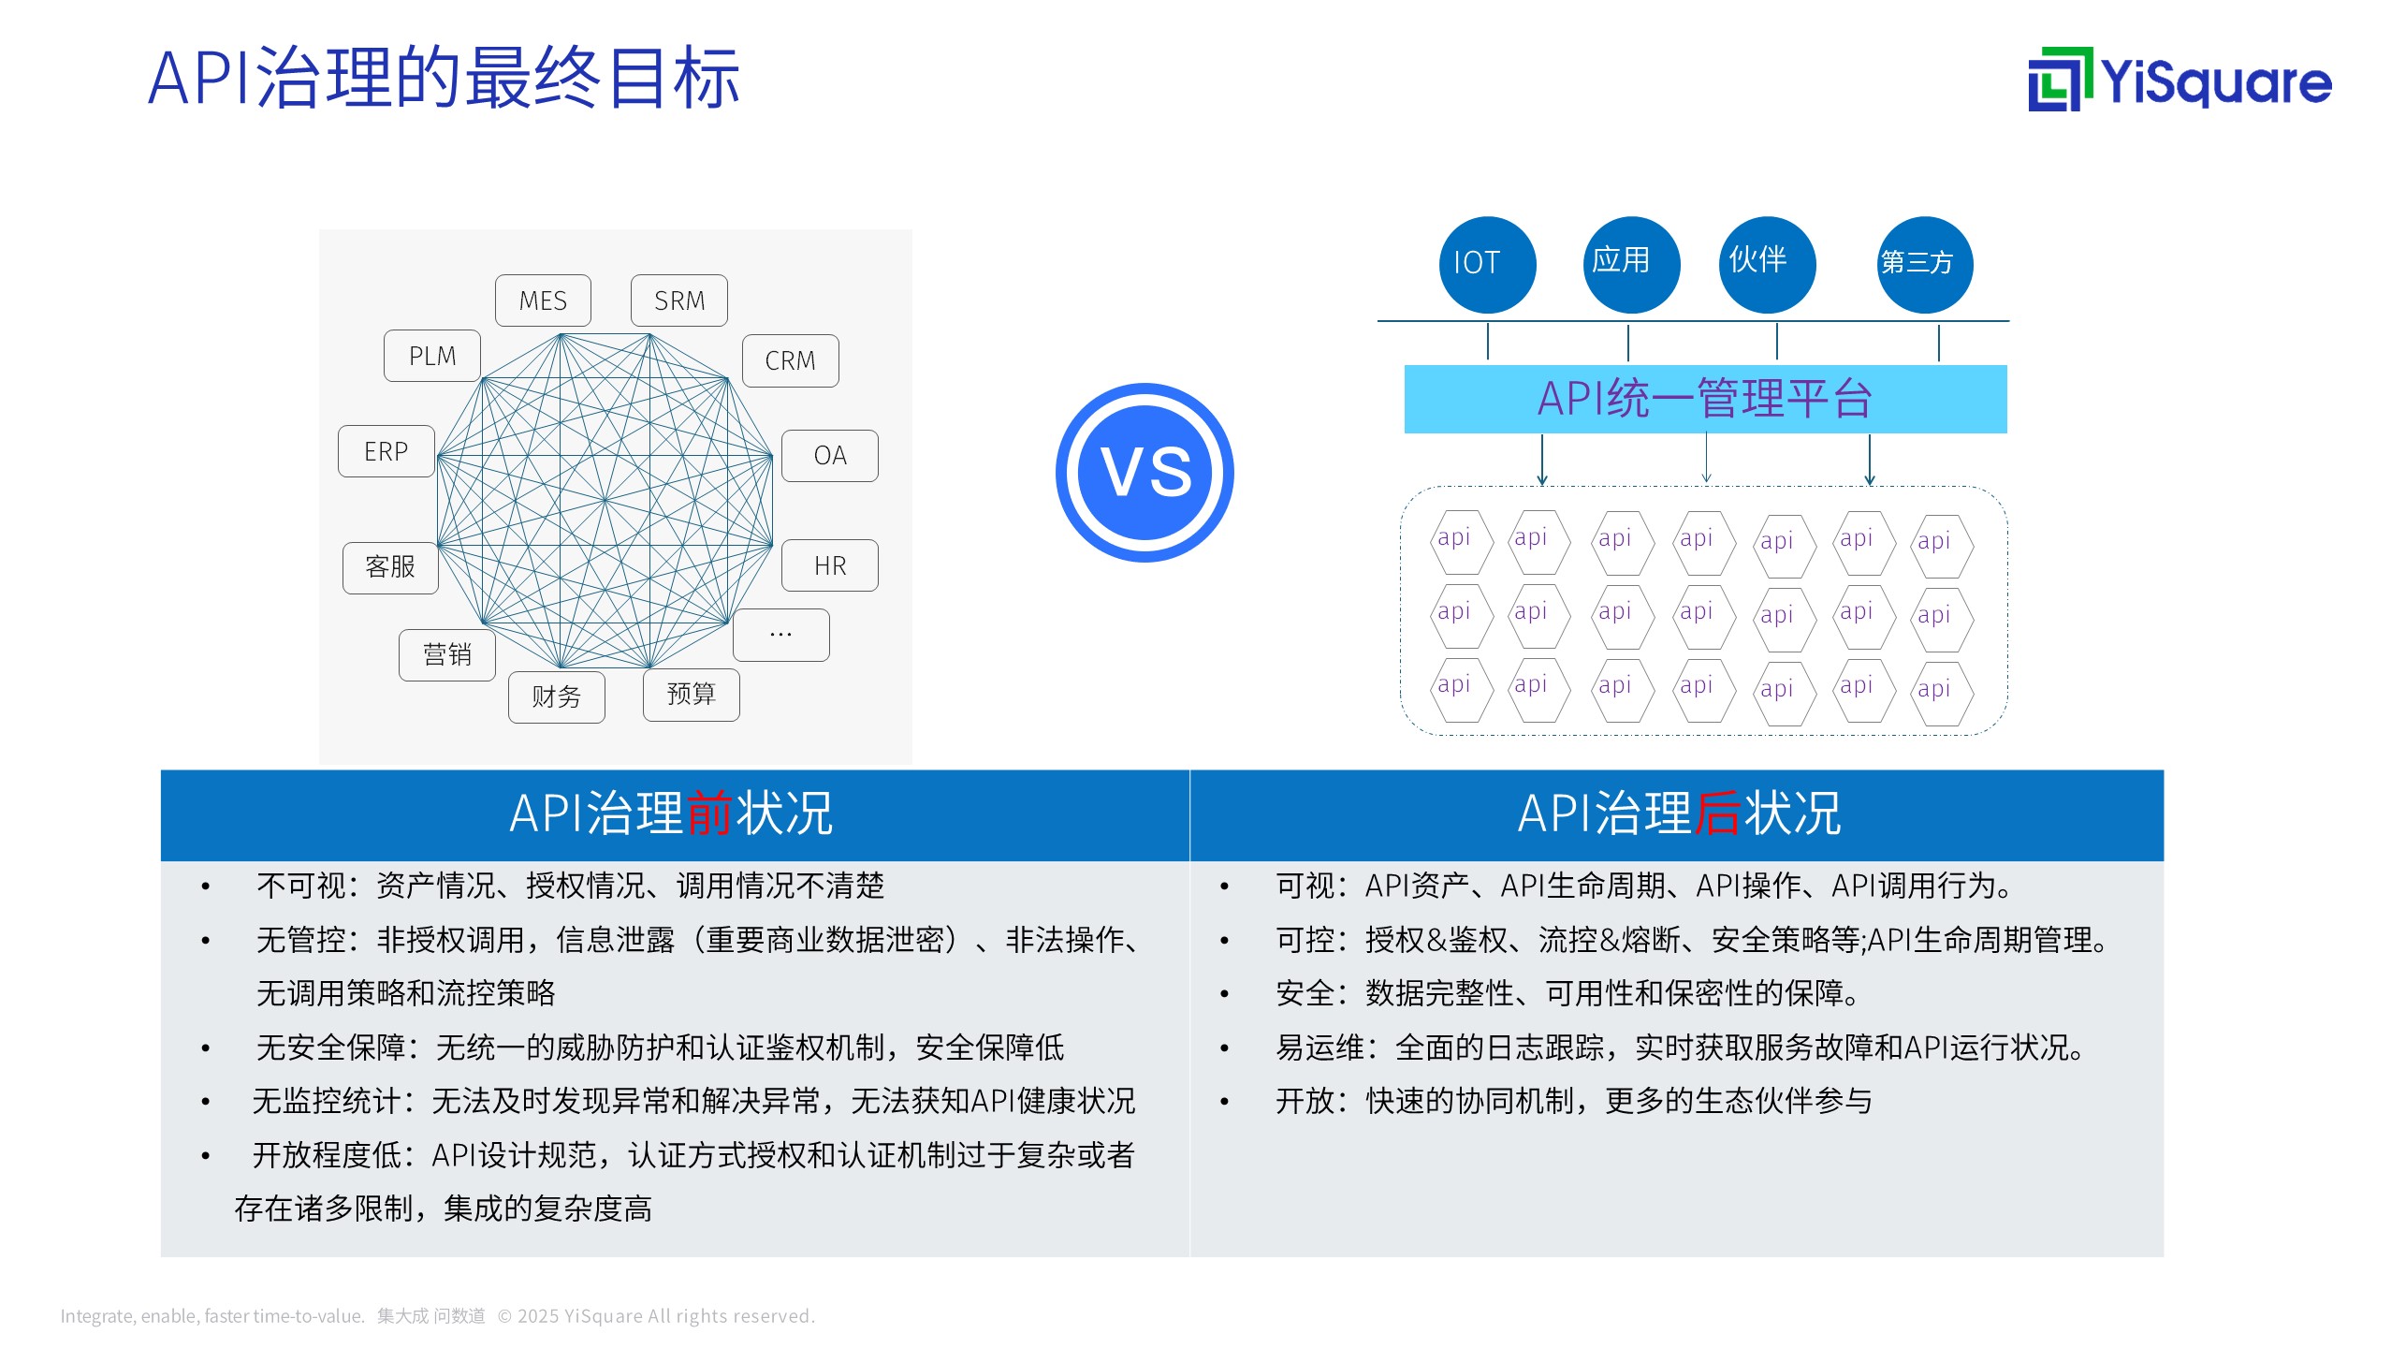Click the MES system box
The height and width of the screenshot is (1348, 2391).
coord(543,300)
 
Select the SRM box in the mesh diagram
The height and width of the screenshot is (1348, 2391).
coord(679,300)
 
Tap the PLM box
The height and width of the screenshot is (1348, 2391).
coord(432,356)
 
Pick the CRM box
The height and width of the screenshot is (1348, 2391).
coord(791,360)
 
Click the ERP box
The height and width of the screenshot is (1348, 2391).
coord(386,451)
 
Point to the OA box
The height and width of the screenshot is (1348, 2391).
coord(830,456)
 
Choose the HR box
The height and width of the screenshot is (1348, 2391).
coord(830,565)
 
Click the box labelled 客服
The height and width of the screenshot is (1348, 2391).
coord(390,567)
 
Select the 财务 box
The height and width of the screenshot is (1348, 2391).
coord(557,696)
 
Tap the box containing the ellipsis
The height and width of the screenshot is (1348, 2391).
coord(781,636)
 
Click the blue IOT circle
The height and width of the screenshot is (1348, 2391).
coord(1487,265)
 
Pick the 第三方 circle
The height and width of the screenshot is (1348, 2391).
coord(1925,265)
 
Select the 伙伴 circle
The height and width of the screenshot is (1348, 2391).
coord(1768,265)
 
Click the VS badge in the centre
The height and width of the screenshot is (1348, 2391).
coord(1144,473)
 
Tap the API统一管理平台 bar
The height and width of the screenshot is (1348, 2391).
coord(1705,399)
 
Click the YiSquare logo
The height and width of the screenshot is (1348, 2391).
coord(2180,80)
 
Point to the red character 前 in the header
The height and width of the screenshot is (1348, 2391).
coord(709,813)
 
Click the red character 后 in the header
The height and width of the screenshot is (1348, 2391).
coord(1718,813)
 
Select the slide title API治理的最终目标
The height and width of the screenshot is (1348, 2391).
coord(445,78)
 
